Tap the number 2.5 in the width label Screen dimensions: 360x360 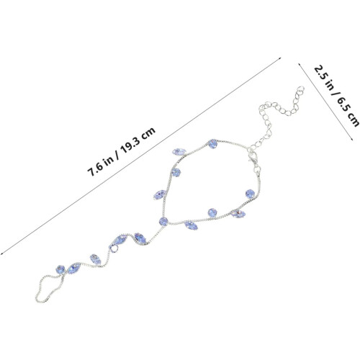(320, 73)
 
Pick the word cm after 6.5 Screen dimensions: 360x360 (353, 119)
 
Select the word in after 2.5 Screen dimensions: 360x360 (328, 84)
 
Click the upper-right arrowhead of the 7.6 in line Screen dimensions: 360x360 (280, 58)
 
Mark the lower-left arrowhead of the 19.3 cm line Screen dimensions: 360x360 (1, 253)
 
